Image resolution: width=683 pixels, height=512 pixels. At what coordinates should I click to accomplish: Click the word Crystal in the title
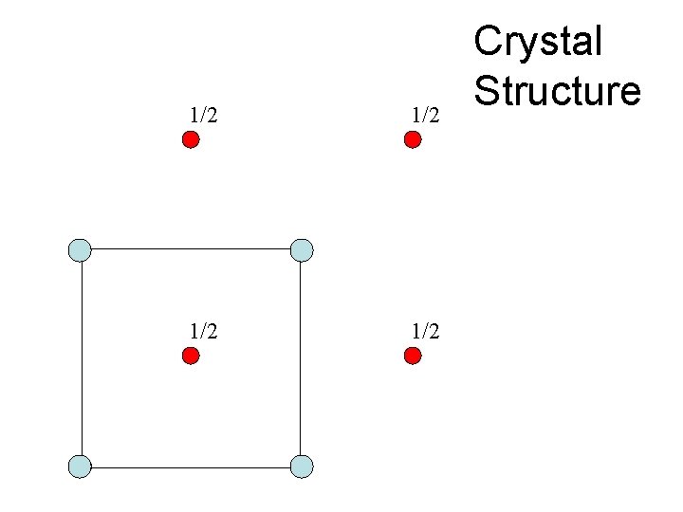[538, 43]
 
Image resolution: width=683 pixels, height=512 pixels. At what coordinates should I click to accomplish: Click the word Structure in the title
[558, 91]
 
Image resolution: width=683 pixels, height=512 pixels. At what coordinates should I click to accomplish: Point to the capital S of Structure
[488, 91]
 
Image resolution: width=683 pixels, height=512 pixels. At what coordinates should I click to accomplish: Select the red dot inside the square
[191, 357]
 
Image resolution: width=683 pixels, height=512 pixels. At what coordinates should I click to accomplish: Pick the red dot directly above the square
[191, 140]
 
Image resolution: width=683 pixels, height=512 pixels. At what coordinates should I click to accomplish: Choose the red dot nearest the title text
[413, 140]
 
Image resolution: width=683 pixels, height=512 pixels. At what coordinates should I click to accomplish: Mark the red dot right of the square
[413, 357]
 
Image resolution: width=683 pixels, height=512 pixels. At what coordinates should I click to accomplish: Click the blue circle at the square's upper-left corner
[81, 250]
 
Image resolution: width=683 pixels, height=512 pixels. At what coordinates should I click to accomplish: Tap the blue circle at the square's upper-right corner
[302, 250]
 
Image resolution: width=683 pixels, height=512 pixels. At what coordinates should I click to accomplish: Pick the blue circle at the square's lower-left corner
[81, 466]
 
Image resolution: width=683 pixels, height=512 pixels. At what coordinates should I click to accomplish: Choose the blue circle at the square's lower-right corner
[302, 466]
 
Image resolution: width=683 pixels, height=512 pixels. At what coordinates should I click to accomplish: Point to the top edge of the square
[191, 249]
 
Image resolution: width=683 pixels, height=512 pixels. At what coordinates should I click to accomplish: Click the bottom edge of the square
[191, 467]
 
